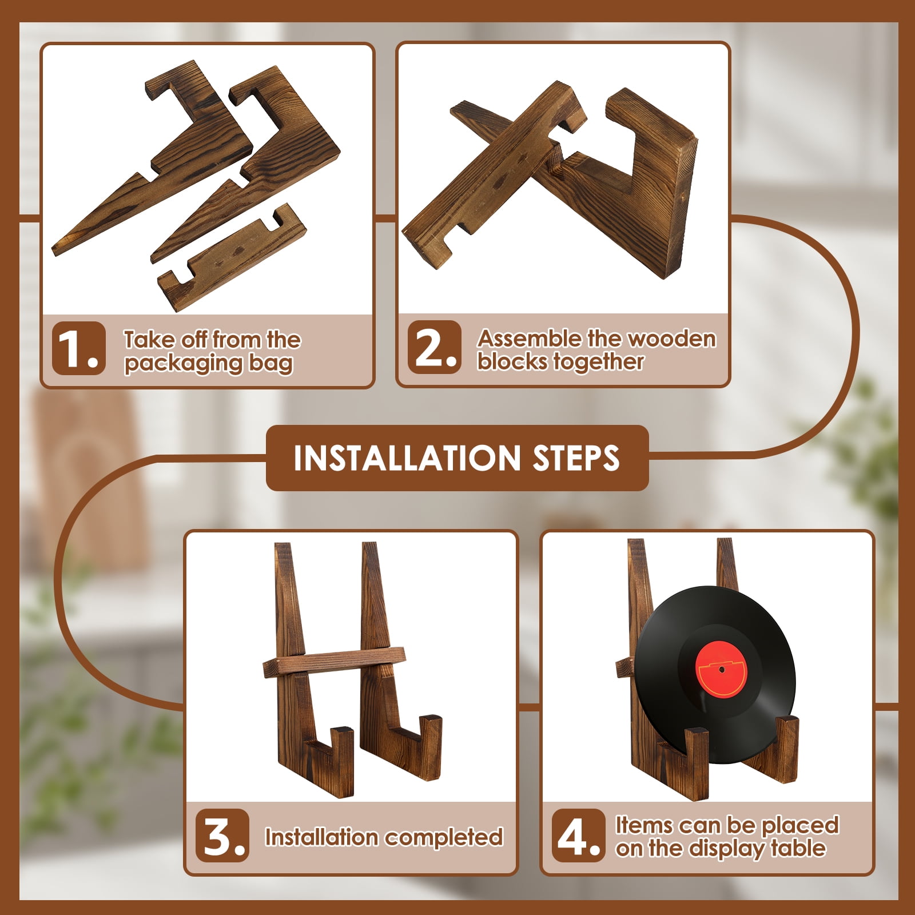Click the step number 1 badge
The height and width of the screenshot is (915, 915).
79,348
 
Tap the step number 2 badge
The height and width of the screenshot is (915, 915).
435,347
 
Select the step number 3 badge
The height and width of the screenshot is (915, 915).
222,836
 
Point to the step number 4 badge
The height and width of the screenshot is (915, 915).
578,836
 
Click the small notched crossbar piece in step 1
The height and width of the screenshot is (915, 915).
232,257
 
